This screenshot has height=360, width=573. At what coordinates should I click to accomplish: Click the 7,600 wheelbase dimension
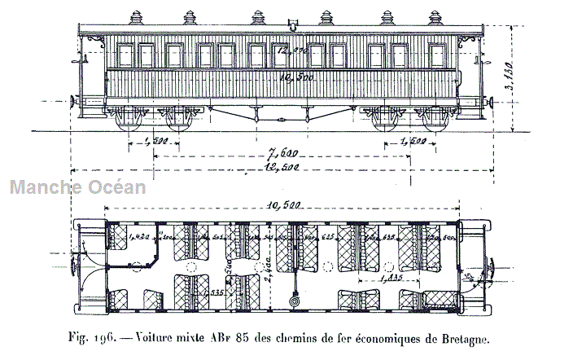point(284,153)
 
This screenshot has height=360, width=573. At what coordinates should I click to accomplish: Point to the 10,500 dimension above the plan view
point(281,206)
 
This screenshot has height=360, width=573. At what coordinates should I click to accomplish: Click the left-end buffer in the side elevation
point(75,102)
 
